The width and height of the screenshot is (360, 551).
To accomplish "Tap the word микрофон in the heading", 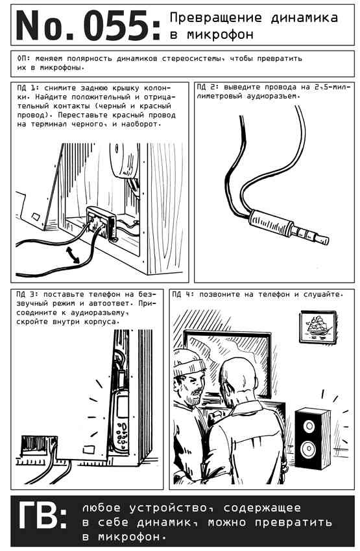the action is click(220, 34).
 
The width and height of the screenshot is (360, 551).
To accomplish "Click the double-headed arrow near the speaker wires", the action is click(73, 254).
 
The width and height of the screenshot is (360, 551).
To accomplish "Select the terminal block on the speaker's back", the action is click(101, 223).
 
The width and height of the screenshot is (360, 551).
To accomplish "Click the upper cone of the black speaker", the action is click(309, 427).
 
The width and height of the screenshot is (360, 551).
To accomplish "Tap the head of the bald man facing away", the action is click(238, 377).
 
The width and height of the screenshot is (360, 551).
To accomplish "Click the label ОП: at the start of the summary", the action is click(23, 58).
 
